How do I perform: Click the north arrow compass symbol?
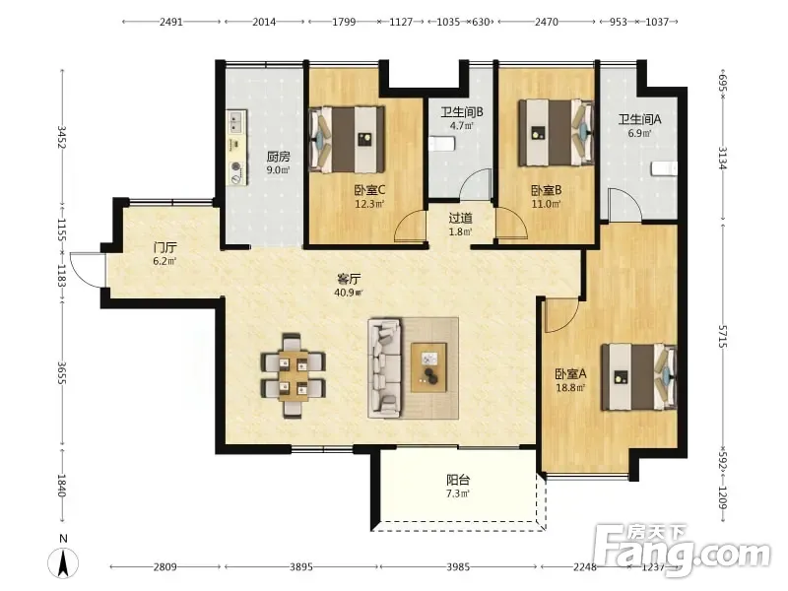63,561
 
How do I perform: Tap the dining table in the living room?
293,375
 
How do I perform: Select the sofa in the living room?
385,367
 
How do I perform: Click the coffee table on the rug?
428,367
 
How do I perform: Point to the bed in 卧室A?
639,377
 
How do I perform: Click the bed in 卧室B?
557,133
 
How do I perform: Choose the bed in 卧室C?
348,139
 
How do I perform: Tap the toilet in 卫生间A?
664,168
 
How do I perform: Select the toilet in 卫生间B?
442,144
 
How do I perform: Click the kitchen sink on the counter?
235,122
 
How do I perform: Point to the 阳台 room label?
458,480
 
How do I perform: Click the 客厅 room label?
349,279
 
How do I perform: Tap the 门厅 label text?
164,248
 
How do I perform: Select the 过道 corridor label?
460,218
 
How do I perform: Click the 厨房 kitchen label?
278,157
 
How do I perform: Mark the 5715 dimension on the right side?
722,337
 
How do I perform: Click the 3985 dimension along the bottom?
458,567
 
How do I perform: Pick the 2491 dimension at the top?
171,22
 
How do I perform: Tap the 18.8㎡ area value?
570,388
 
